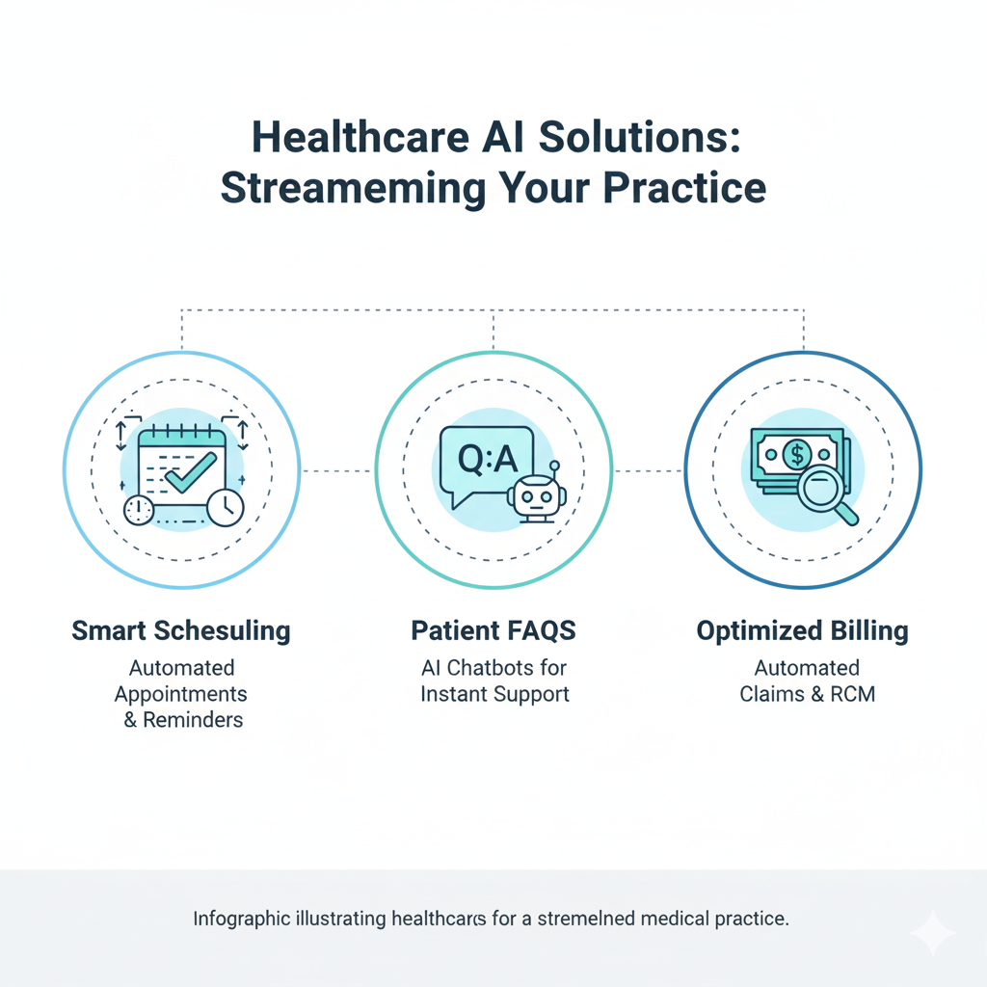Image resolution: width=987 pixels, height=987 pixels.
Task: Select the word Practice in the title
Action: (685, 188)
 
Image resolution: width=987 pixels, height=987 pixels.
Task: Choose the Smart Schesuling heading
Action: (181, 631)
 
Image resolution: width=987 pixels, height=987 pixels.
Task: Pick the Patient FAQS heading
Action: (493, 631)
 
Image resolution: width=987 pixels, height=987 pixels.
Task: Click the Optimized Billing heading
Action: (803, 631)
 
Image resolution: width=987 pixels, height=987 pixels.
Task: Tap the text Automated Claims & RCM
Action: (807, 680)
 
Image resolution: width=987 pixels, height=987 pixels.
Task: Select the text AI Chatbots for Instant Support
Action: (494, 680)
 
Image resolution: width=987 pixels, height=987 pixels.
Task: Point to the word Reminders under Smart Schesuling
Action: (193, 720)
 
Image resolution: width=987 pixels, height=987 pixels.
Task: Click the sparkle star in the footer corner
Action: (932, 932)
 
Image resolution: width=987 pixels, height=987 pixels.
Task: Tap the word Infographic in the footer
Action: (241, 919)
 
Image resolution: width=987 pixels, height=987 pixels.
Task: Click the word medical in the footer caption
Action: (677, 919)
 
